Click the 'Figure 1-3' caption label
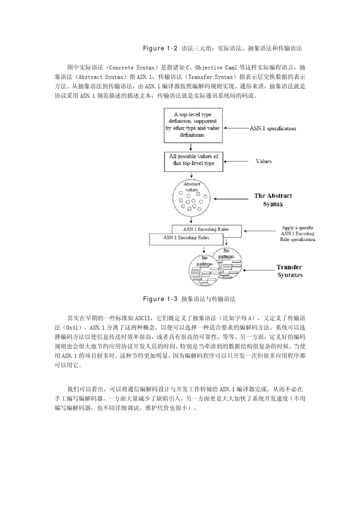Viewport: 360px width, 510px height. [160, 299]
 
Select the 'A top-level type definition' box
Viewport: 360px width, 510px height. [193, 125]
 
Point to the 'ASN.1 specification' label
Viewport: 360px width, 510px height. [272, 129]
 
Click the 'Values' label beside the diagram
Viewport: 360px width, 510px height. [264, 161]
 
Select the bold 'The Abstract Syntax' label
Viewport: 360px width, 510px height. [273, 200]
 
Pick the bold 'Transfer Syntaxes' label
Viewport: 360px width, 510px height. [290, 271]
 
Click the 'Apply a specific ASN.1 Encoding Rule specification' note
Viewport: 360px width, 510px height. [297, 234]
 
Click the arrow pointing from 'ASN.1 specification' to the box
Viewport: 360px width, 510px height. [236, 128]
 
